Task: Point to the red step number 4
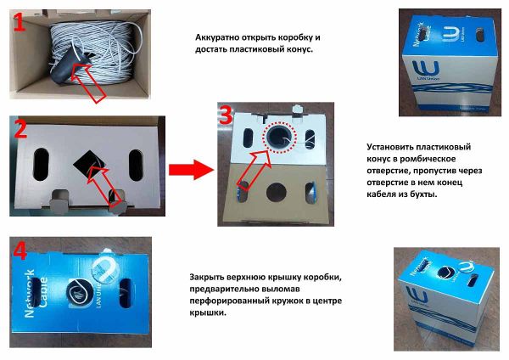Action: (19, 251)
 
